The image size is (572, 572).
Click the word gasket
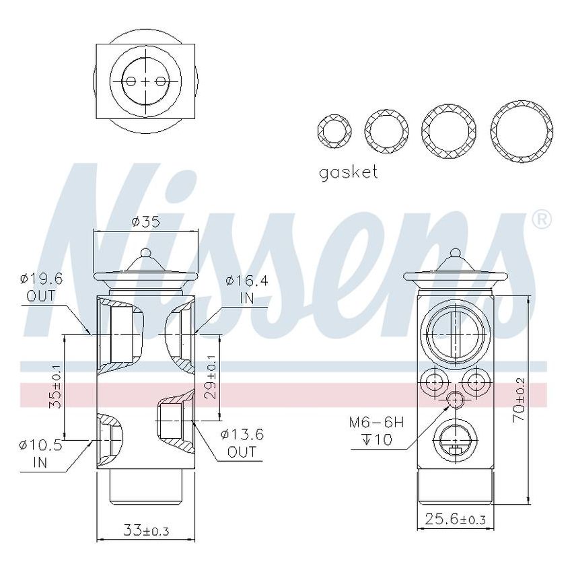[x=348, y=172]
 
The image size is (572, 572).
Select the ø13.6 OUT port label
[x=242, y=443]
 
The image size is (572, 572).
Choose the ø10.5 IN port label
[x=41, y=454]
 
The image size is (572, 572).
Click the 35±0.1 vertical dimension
[x=56, y=388]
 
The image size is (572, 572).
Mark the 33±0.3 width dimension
[x=146, y=531]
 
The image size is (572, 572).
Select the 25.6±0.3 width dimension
[x=454, y=520]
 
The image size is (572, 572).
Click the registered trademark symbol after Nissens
[x=542, y=219]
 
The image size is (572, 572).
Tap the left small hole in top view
[x=131, y=81]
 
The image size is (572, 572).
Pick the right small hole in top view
[x=161, y=81]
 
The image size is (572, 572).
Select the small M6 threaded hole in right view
[x=456, y=400]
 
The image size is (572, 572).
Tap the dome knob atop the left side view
[x=146, y=256]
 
